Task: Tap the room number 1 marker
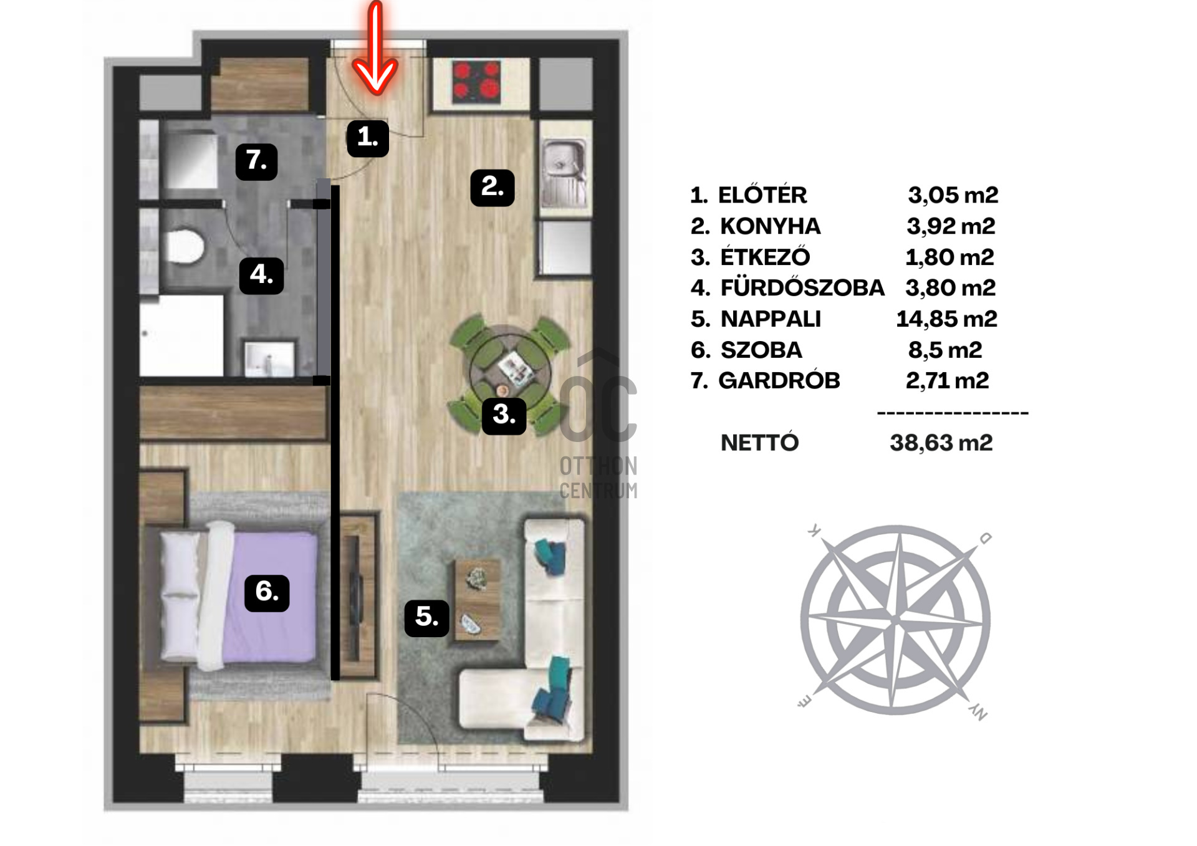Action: pyautogui.click(x=368, y=138)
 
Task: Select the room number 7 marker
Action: pyautogui.click(x=257, y=161)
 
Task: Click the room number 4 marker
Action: pyautogui.click(x=262, y=275)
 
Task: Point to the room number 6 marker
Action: pyautogui.click(x=267, y=592)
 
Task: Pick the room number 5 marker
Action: pyautogui.click(x=427, y=618)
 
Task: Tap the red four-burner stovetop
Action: pyautogui.click(x=477, y=82)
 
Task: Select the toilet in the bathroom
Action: pyautogui.click(x=186, y=246)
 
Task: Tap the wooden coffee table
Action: pyautogui.click(x=478, y=600)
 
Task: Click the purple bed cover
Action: pyautogui.click(x=269, y=597)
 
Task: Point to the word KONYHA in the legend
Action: pyautogui.click(x=771, y=226)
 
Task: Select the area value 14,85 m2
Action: pyautogui.click(x=946, y=319)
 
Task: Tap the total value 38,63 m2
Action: pyautogui.click(x=941, y=443)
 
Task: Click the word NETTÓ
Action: pyautogui.click(x=759, y=442)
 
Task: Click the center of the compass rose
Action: pyautogui.click(x=896, y=620)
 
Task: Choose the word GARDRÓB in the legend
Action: pyautogui.click(x=779, y=380)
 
